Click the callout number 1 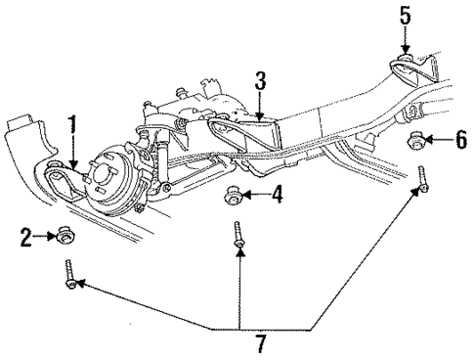(71, 126)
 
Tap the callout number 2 (26, 235)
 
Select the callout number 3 (260, 80)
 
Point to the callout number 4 (279, 196)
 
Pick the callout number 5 (406, 16)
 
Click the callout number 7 (237, 342)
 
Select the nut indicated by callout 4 (236, 192)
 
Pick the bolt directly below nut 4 (237, 240)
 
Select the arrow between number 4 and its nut (258, 195)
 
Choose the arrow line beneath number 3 (260, 105)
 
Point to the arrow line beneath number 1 (70, 150)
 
